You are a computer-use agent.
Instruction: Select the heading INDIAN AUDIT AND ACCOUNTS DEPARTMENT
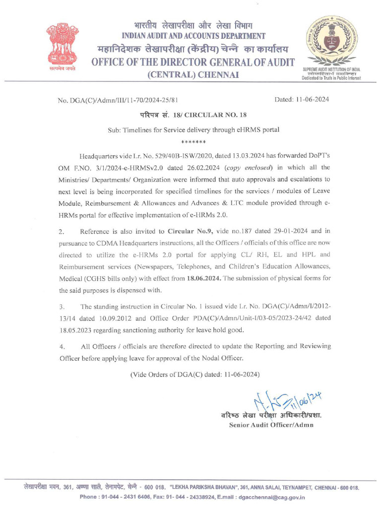click(193, 36)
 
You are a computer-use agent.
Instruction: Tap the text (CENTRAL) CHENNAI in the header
click(193, 74)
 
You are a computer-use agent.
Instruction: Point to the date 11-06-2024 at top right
click(302, 100)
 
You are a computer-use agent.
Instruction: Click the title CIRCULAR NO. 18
click(215, 115)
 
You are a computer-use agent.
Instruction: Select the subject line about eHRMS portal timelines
click(193, 130)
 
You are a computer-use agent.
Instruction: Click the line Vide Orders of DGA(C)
click(194, 374)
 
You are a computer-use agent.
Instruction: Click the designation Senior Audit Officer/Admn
click(271, 425)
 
